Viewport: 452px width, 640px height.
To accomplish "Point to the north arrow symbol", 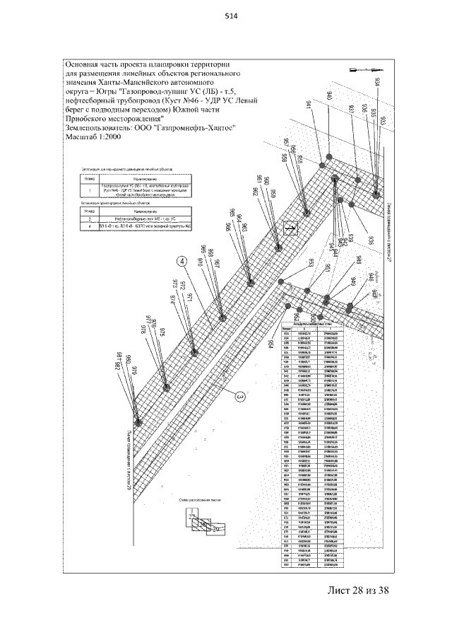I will [x=364, y=69].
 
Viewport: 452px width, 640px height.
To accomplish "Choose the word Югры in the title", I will [x=108, y=91].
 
